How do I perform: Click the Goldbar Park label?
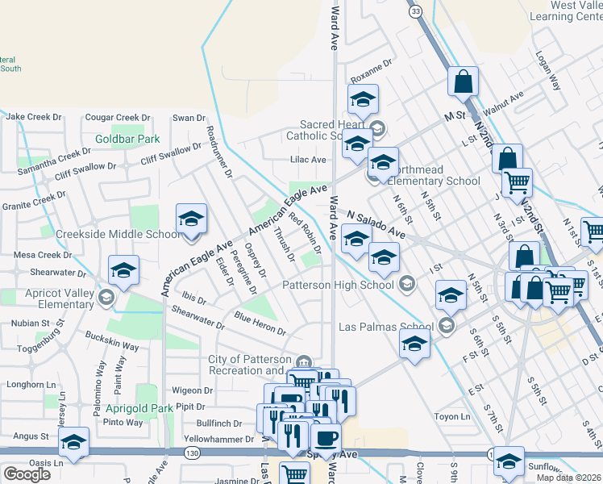127,139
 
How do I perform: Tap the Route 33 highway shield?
415,11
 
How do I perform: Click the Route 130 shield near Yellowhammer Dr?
191,453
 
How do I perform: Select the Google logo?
26,474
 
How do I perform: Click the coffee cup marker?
326,438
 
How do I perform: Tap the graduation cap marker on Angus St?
73,442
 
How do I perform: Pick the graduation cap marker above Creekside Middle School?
192,219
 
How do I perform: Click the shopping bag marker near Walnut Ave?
464,81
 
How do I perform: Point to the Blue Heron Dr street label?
260,323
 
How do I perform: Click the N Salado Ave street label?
376,226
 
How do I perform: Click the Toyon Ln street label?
451,417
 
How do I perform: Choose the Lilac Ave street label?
308,160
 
